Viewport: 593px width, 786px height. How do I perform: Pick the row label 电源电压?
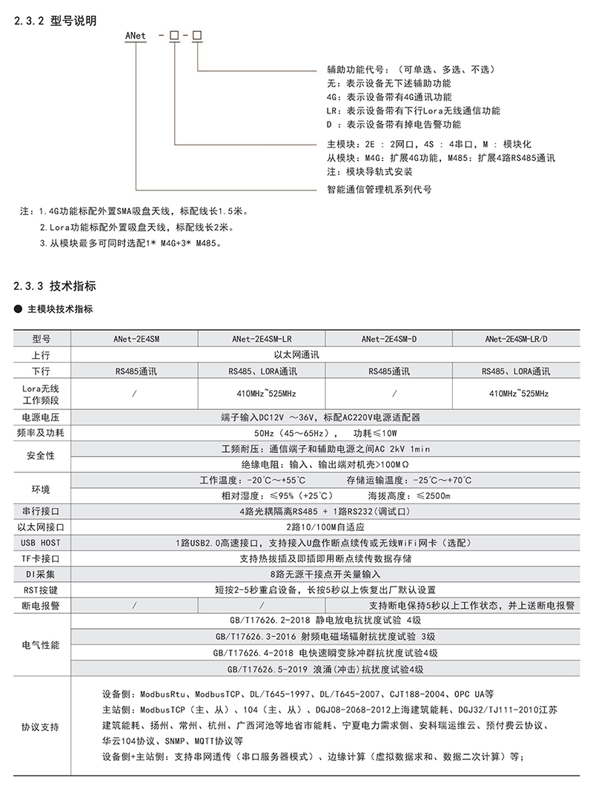click(x=41, y=417)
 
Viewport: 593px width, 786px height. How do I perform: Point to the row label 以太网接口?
click(x=41, y=526)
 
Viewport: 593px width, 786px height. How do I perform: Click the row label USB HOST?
click(x=41, y=543)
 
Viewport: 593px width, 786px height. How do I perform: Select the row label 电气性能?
click(x=41, y=644)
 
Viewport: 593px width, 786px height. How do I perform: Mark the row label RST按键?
click(x=41, y=589)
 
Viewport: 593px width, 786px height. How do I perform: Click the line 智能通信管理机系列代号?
click(x=379, y=188)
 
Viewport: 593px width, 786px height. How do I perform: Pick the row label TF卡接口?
click(x=41, y=558)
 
